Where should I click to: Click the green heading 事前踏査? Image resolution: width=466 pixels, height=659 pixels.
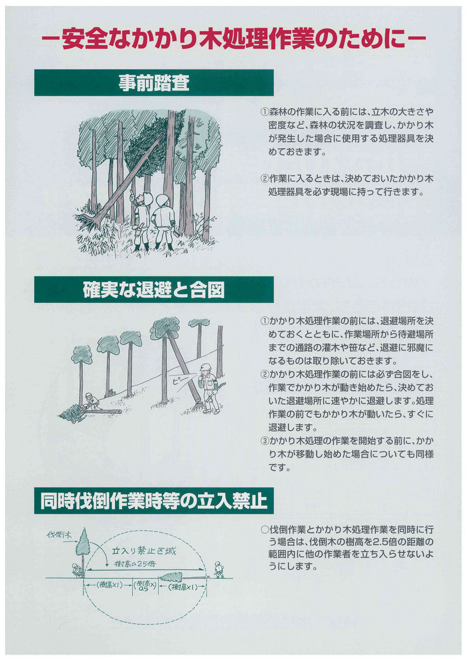tap(154, 83)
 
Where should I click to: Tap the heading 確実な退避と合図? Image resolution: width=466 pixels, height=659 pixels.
tap(154, 290)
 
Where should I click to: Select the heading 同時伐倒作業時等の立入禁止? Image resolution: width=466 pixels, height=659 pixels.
tap(154, 500)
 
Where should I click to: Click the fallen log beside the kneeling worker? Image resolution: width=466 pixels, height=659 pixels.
tap(104, 412)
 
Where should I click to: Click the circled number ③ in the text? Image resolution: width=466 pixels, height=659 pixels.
tap(264, 440)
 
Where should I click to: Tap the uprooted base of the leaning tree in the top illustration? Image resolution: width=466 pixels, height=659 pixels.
tap(85, 219)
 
